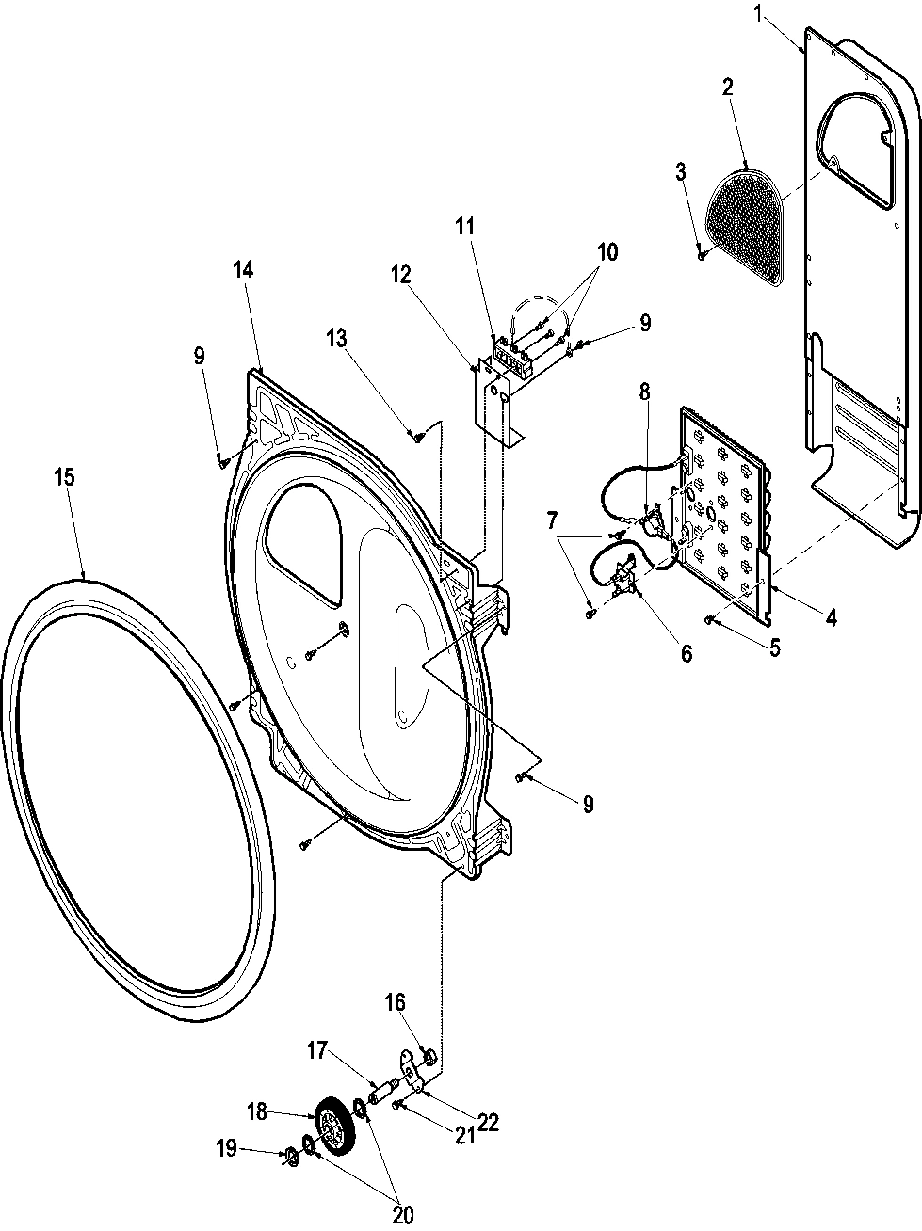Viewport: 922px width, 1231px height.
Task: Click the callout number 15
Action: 64,478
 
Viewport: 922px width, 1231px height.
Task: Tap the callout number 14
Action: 244,270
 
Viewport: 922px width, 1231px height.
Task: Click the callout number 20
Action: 403,1215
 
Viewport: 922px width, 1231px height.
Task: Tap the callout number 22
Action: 488,1122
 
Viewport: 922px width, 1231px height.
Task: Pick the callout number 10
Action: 607,251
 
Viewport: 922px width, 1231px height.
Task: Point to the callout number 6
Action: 685,652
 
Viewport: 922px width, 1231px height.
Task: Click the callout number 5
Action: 774,647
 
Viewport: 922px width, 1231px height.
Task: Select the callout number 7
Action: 552,520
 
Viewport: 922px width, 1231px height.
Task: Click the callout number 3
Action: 681,171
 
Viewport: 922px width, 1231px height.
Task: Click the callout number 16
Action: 393,1003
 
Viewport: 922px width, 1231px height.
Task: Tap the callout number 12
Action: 401,274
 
